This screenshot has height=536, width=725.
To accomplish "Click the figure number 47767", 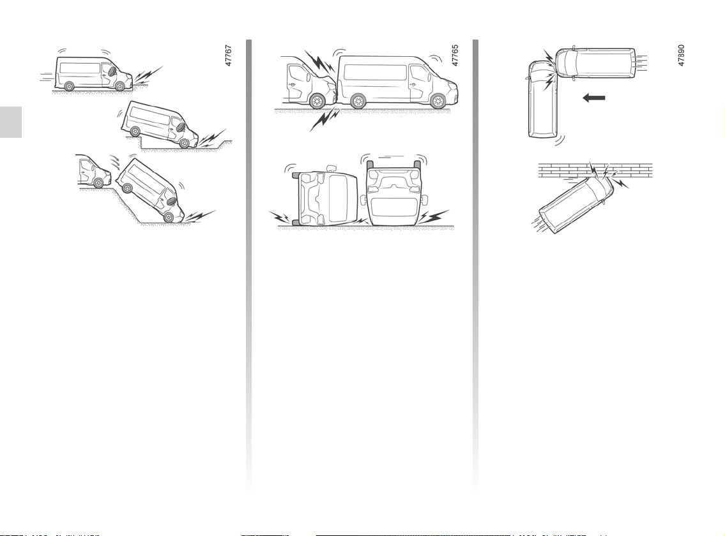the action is click(229, 56).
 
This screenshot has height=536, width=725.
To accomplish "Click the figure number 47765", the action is click(455, 56).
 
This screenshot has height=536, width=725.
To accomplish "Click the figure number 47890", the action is click(681, 56).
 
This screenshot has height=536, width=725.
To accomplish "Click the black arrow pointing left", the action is click(593, 98).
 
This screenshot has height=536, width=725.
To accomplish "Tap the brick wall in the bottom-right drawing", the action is click(595, 170).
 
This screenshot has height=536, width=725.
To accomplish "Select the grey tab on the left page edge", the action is click(11, 122).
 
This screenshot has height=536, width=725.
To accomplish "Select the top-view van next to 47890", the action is click(595, 63).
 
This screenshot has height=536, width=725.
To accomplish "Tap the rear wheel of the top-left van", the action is click(69, 86).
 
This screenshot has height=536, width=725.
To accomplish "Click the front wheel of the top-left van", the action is click(119, 86).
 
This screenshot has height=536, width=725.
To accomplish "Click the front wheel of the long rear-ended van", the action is click(437, 101).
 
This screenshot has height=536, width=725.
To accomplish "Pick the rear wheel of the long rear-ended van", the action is click(358, 101).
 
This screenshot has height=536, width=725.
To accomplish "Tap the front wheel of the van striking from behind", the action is click(317, 101).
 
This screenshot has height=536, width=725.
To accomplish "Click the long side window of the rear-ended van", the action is click(376, 72).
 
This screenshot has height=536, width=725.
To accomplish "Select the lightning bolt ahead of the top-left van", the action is click(148, 75).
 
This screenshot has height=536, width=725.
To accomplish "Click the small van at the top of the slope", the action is click(94, 171).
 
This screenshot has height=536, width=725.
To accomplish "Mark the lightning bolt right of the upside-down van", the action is click(434, 216).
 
